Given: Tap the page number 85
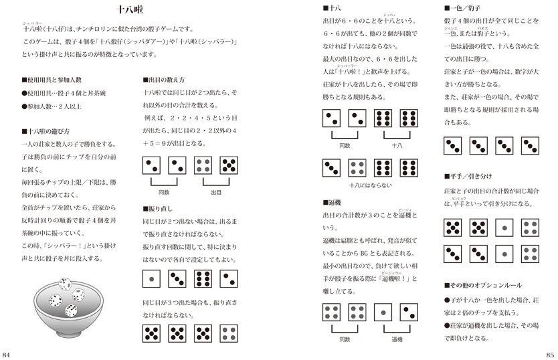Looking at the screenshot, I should click(x=550, y=353).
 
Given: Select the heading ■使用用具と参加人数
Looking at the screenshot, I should click(x=54, y=80).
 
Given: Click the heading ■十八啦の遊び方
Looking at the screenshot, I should click(x=45, y=131).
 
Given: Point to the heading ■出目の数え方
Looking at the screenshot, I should click(x=166, y=80).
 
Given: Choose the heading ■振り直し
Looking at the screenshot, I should click(x=159, y=208).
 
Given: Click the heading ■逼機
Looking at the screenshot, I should click(x=333, y=201).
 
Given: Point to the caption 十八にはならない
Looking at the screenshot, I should click(x=370, y=185).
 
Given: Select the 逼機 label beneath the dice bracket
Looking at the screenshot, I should click(x=396, y=339).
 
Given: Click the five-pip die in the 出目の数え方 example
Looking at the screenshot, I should click(x=229, y=165).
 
